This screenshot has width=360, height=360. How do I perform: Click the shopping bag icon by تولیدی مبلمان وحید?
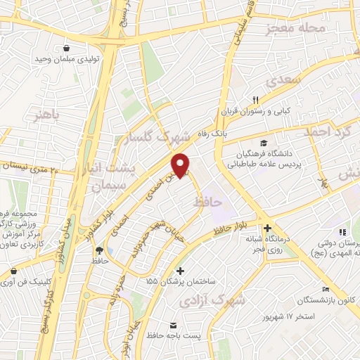pyautogui.click(x=65, y=49)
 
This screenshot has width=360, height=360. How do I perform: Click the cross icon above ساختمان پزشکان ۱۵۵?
pyautogui.click(x=181, y=270)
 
